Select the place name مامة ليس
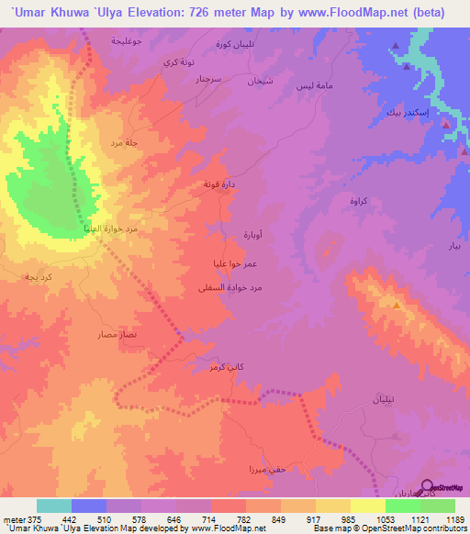[308, 85]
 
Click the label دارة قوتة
[218, 184]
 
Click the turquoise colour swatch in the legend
[54, 506]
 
